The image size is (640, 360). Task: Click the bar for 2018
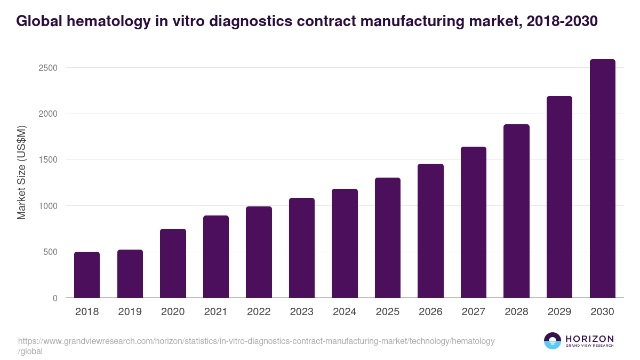tap(87, 275)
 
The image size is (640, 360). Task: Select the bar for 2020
tap(173, 263)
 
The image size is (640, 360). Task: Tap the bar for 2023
tap(302, 248)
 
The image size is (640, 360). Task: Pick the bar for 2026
tap(430, 231)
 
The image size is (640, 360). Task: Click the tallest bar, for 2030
tap(602, 179)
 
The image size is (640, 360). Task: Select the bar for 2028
tap(516, 211)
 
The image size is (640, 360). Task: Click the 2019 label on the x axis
tap(130, 312)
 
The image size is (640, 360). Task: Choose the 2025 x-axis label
tap(387, 312)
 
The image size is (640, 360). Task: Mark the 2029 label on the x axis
tap(559, 312)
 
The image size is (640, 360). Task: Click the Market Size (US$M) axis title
tap(21, 172)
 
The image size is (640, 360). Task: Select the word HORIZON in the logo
tap(589, 339)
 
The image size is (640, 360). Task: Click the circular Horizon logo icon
tap(553, 341)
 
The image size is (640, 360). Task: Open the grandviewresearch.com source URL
tap(256, 341)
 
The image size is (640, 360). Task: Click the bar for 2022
tap(259, 252)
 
